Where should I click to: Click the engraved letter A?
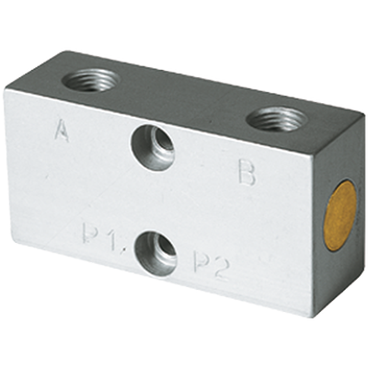pyautogui.click(x=62, y=132)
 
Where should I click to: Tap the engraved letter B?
pyautogui.click(x=246, y=172)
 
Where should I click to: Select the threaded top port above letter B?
pyautogui.click(x=280, y=119)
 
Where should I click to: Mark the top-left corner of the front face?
pyautogui.click(x=6, y=89)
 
